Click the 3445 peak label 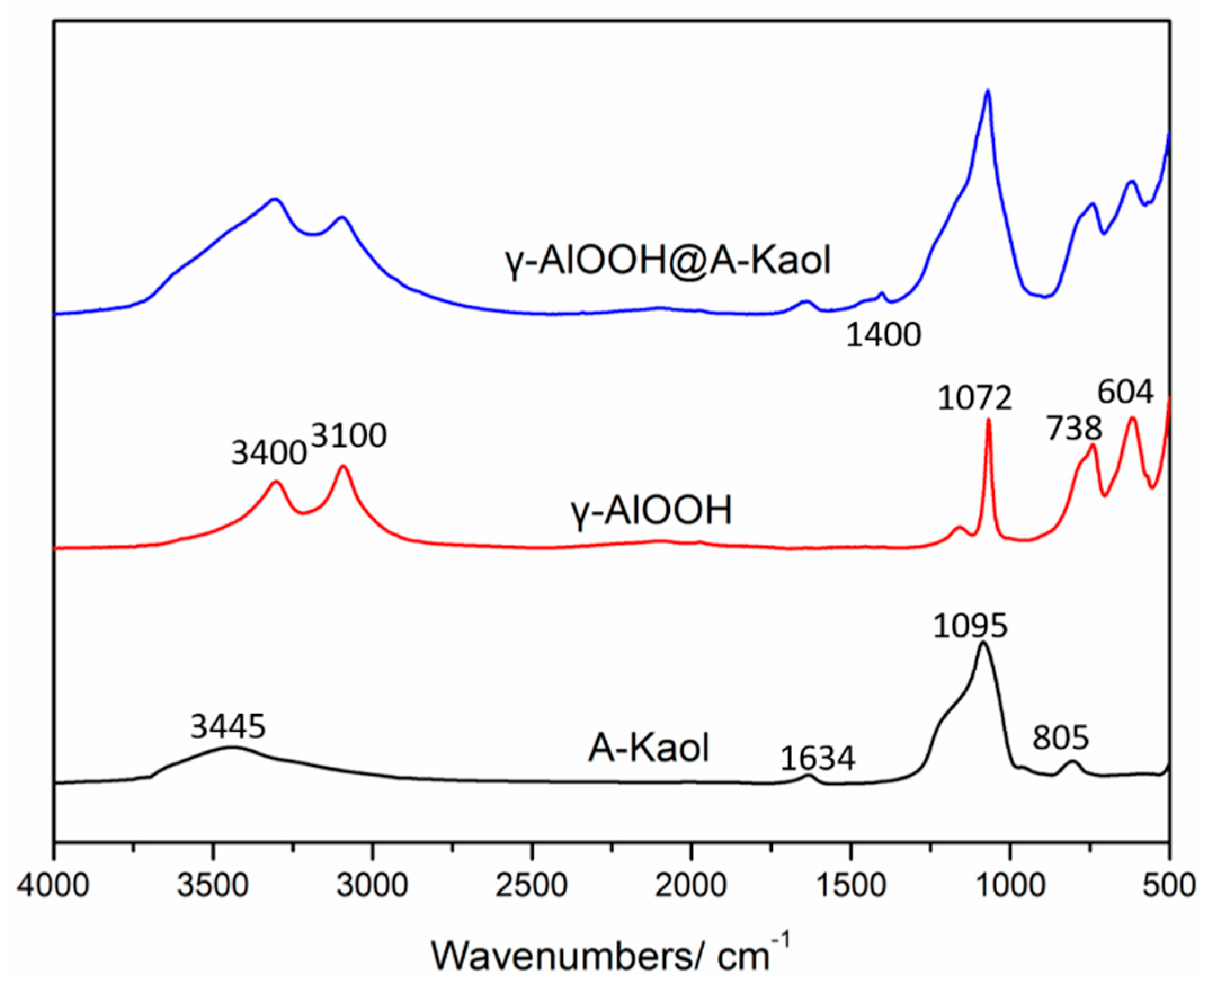228,727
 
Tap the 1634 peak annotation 817,759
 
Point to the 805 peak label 1060,738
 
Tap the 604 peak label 1125,392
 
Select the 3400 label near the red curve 269,453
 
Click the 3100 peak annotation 349,435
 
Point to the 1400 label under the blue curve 884,335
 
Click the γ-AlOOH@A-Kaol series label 668,261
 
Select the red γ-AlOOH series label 652,510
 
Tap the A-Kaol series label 649,748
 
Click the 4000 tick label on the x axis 53,884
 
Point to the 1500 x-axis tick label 851,884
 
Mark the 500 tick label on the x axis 1170,884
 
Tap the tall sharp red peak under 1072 988,420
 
